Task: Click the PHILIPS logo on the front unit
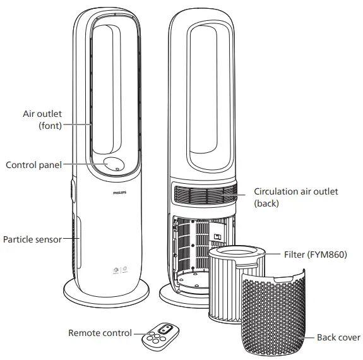pyautogui.click(x=119, y=189)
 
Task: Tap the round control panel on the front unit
pyautogui.click(x=114, y=164)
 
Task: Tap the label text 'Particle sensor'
pyautogui.click(x=32, y=240)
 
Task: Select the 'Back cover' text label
pyautogui.click(x=338, y=338)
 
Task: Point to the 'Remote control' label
pyautogui.click(x=100, y=333)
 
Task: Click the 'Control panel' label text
pyautogui.click(x=33, y=165)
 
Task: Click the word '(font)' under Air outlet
pyautogui.click(x=52, y=126)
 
